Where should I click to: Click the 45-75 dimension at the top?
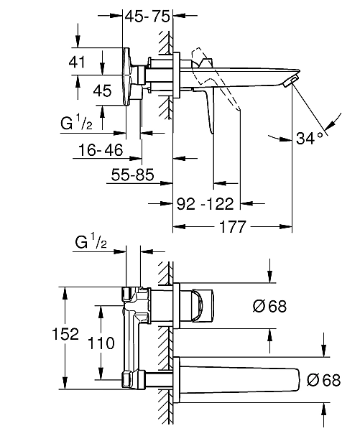pyautogui.click(x=147, y=17)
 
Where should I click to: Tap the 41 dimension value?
pyautogui.click(x=77, y=62)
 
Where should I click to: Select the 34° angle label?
pyautogui.click(x=309, y=138)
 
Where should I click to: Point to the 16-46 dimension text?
pyautogui.click(x=101, y=150)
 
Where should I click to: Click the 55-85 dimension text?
pyautogui.click(x=132, y=175)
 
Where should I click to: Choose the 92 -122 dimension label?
pyautogui.click(x=205, y=204)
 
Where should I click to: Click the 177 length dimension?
pyautogui.click(x=232, y=227)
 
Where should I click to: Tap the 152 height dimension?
pyautogui.click(x=65, y=334)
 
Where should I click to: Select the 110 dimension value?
pyautogui.click(x=101, y=343)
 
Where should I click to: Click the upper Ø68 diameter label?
pyautogui.click(x=269, y=306)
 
